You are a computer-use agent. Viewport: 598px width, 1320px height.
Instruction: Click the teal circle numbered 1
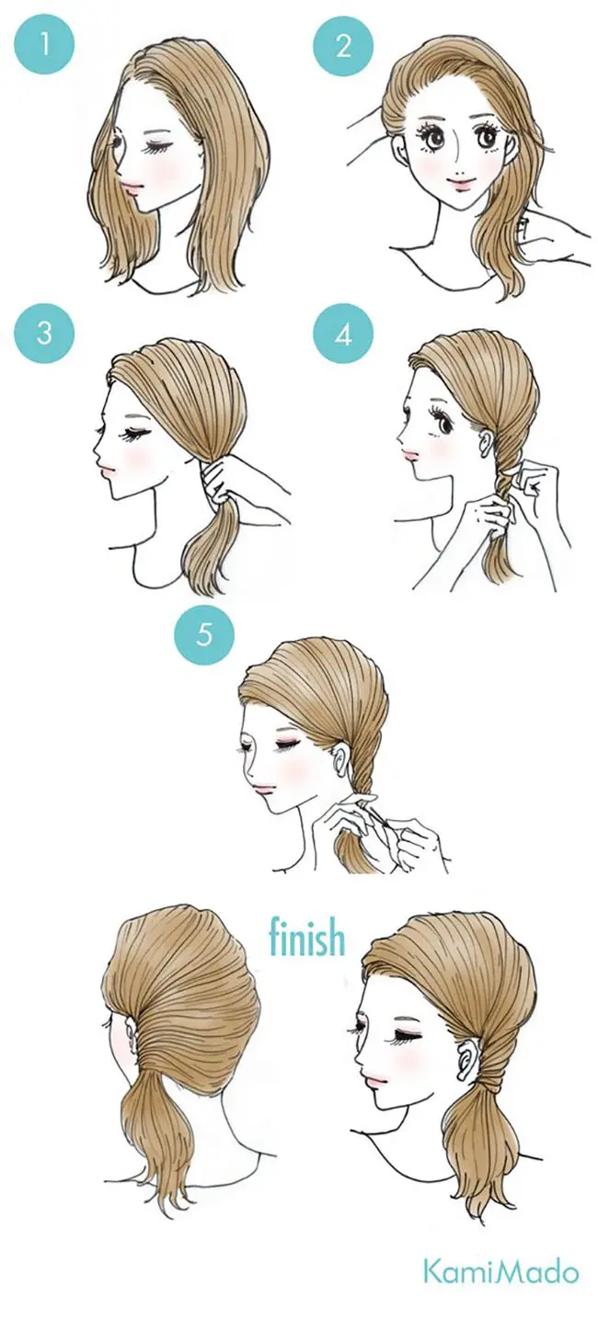click(45, 44)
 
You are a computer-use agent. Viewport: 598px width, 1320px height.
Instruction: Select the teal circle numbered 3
click(45, 333)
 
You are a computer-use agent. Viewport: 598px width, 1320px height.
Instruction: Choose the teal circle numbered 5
click(204, 634)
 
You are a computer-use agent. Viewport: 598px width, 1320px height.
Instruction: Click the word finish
click(306, 936)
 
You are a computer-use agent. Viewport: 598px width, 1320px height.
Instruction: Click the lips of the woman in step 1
click(132, 188)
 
